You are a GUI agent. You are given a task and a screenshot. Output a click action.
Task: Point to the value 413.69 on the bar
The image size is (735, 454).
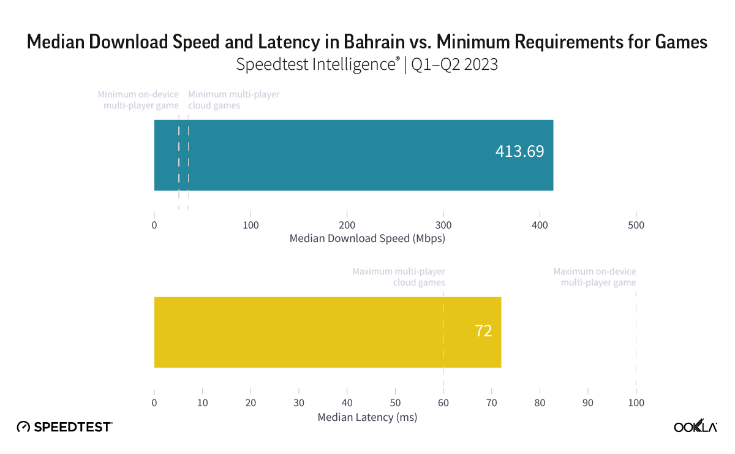(x=519, y=151)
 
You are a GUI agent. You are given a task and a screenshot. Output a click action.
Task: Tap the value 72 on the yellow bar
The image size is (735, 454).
(x=483, y=331)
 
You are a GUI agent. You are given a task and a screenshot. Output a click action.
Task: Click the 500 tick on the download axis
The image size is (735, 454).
(x=636, y=225)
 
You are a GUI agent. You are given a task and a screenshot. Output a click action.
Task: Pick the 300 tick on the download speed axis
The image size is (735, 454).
(x=443, y=225)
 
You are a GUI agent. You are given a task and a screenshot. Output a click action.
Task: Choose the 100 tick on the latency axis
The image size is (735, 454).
(x=636, y=403)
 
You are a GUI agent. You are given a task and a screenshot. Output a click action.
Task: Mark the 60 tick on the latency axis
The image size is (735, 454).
(x=443, y=403)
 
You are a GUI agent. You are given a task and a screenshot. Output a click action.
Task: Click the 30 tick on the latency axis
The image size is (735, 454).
(x=299, y=403)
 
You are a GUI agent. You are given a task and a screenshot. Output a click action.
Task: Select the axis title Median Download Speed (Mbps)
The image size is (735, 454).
(x=367, y=238)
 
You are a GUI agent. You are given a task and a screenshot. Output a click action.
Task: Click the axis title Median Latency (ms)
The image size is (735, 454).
(x=367, y=417)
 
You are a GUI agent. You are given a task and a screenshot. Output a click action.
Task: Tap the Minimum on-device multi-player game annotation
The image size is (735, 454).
(x=138, y=100)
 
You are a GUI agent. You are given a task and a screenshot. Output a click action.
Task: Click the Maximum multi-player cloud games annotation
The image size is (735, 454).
(x=399, y=277)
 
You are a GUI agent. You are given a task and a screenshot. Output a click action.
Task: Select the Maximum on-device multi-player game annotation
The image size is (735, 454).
(x=595, y=277)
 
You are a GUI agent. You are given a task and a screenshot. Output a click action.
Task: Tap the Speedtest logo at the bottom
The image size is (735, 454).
(x=64, y=426)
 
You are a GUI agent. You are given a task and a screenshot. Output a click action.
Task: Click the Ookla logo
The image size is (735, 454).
(x=695, y=426)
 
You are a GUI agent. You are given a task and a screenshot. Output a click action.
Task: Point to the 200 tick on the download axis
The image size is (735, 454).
(x=347, y=225)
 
